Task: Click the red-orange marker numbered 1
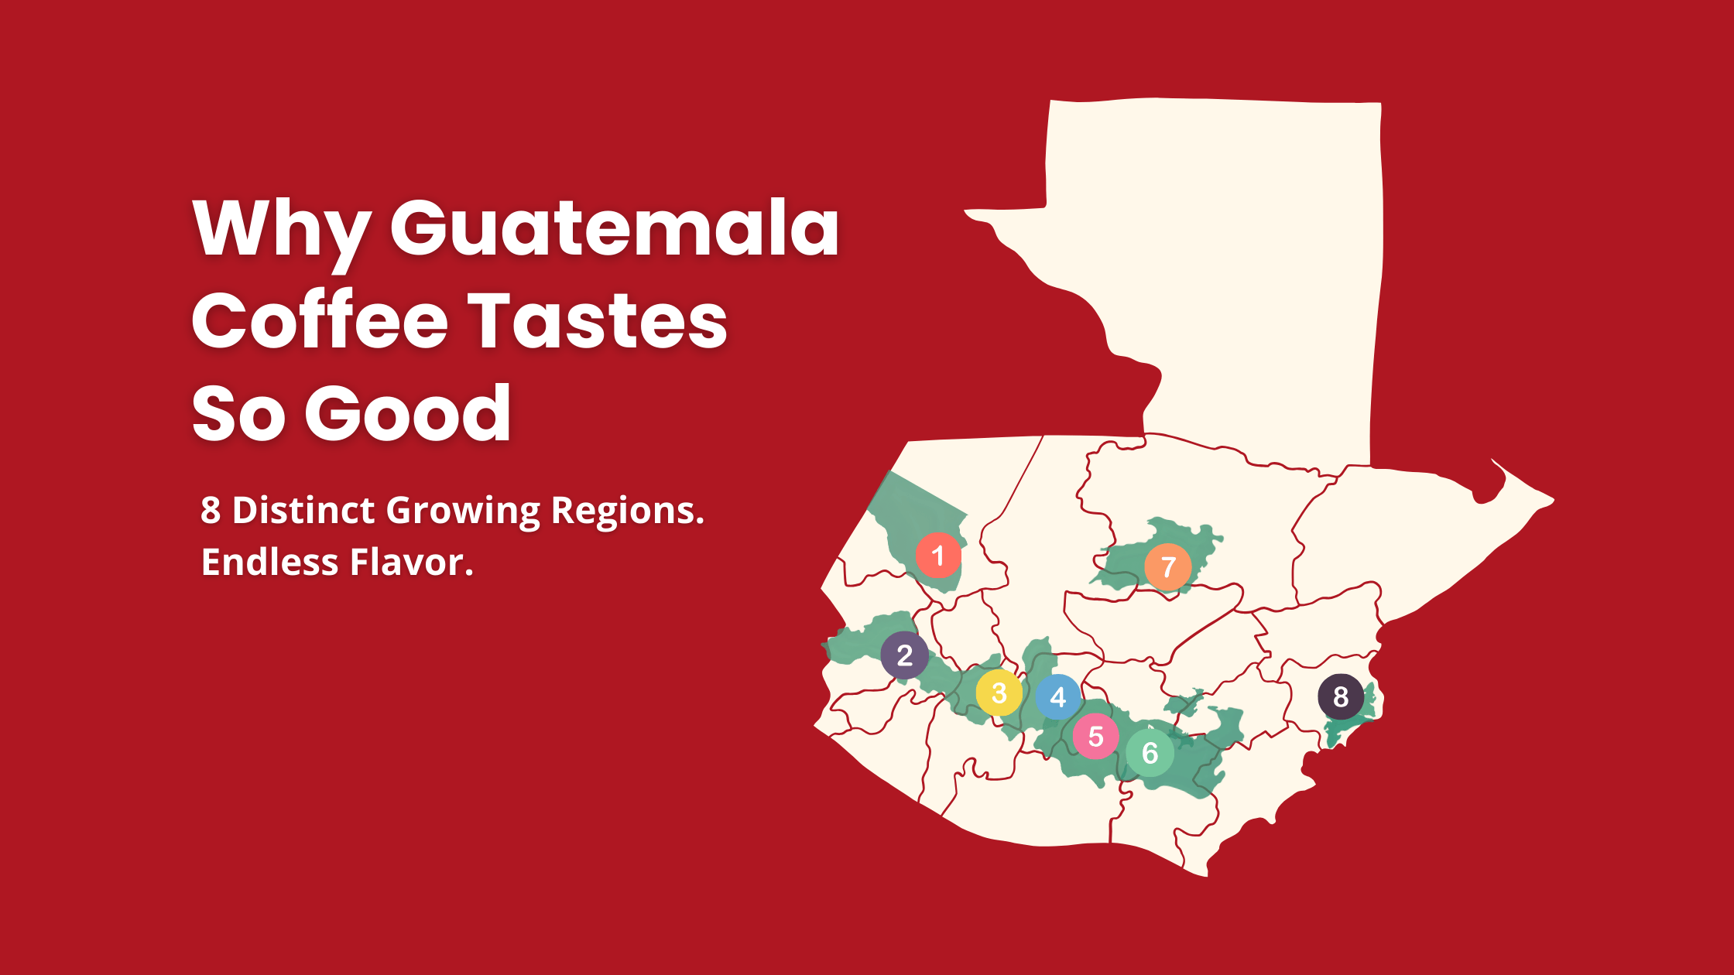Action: click(938, 555)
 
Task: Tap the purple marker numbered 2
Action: click(904, 655)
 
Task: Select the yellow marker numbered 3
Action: click(999, 693)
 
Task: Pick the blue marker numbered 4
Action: click(1058, 696)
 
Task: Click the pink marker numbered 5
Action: click(1095, 736)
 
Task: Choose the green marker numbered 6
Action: click(1150, 752)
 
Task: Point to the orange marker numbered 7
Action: click(1167, 567)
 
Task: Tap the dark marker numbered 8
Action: click(1341, 696)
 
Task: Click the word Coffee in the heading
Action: click(320, 320)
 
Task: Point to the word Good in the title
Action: click(408, 413)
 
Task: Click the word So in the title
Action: click(238, 413)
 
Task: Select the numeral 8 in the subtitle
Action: click(211, 511)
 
